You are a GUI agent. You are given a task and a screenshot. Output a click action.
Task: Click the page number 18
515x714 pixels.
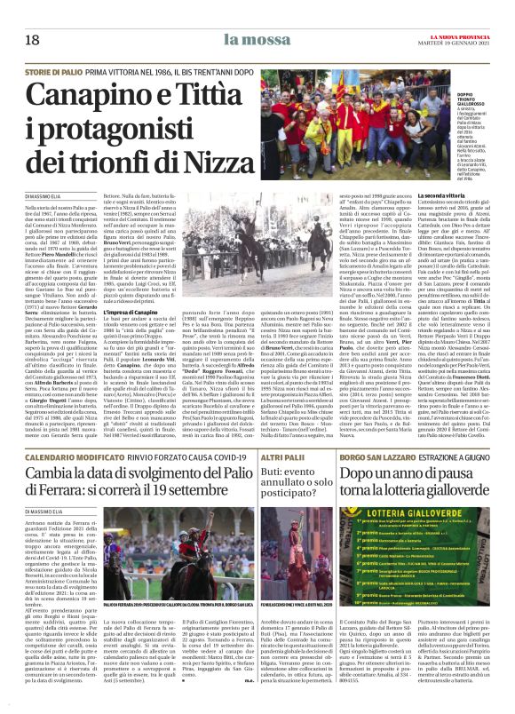(33, 40)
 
